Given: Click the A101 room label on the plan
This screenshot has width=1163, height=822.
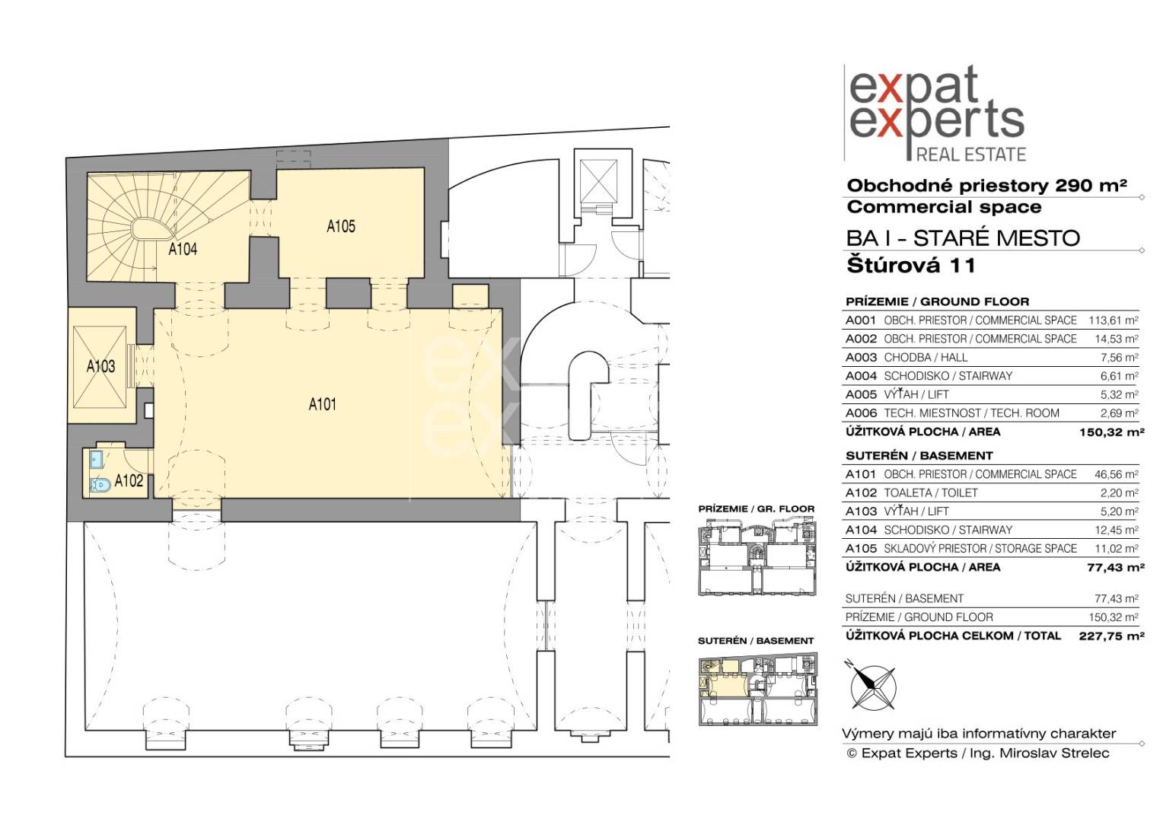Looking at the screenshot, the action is (x=323, y=404).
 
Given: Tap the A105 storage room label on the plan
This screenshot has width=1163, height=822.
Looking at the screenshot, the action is (x=341, y=226).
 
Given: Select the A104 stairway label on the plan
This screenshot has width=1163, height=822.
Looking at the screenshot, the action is (x=183, y=249).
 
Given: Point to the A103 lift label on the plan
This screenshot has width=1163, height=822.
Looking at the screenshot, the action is (x=100, y=367).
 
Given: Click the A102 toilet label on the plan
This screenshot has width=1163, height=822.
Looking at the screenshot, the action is (x=129, y=481).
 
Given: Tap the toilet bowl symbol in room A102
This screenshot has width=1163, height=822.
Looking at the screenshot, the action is (x=100, y=485).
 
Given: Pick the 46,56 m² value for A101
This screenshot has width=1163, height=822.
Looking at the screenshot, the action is (x=1117, y=475).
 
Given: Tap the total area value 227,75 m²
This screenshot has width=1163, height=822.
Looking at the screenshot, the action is (x=1111, y=636).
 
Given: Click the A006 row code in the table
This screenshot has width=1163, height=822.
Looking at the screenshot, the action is (x=861, y=413).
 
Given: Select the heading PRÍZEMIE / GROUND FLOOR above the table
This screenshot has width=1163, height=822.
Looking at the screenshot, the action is (x=937, y=301).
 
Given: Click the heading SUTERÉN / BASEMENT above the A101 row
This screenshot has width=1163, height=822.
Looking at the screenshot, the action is (x=919, y=456).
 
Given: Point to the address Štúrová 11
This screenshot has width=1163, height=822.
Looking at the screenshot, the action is (x=911, y=266).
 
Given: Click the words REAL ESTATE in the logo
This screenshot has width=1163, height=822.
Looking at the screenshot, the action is (x=970, y=155).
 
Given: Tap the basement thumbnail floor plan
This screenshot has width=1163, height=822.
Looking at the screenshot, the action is (x=757, y=689).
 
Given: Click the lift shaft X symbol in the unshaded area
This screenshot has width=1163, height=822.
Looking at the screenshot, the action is (x=599, y=181).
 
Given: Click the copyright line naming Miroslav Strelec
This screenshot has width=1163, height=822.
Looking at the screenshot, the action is (x=977, y=753).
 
